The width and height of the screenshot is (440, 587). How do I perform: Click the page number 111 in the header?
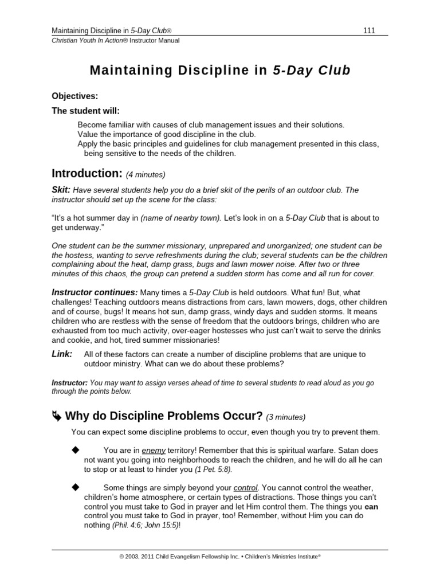point(369,30)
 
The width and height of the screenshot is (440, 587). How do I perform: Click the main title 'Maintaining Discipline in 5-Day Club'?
point(220,71)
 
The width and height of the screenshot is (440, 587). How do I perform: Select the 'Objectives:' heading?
point(74,96)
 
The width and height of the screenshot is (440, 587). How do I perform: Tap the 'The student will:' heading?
point(86,111)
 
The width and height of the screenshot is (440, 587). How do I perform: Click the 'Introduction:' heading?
point(87,173)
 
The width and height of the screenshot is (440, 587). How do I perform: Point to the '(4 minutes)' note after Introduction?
point(146,174)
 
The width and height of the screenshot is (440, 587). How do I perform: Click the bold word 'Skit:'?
point(61,190)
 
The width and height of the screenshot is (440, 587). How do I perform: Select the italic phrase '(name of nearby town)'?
point(181,218)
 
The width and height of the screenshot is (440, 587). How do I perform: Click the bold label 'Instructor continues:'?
point(95,292)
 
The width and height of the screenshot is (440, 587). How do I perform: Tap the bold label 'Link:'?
point(62,354)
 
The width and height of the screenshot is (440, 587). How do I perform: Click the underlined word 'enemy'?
point(154,451)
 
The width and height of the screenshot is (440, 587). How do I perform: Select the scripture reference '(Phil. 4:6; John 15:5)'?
point(146,525)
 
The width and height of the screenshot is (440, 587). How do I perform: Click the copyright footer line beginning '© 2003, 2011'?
point(219,556)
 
